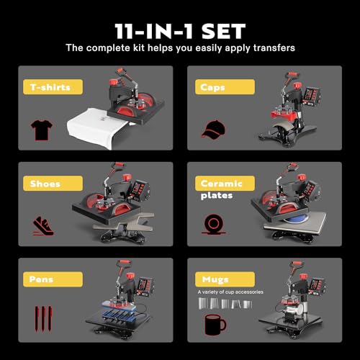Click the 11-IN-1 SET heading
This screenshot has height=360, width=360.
tap(180, 31)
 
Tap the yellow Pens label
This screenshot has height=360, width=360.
tap(45, 277)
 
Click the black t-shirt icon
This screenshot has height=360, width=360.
tap(42, 130)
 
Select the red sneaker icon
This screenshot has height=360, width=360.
tap(42, 225)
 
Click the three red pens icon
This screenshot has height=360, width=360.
tap(42, 318)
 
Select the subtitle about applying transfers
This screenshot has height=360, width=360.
tap(180, 48)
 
